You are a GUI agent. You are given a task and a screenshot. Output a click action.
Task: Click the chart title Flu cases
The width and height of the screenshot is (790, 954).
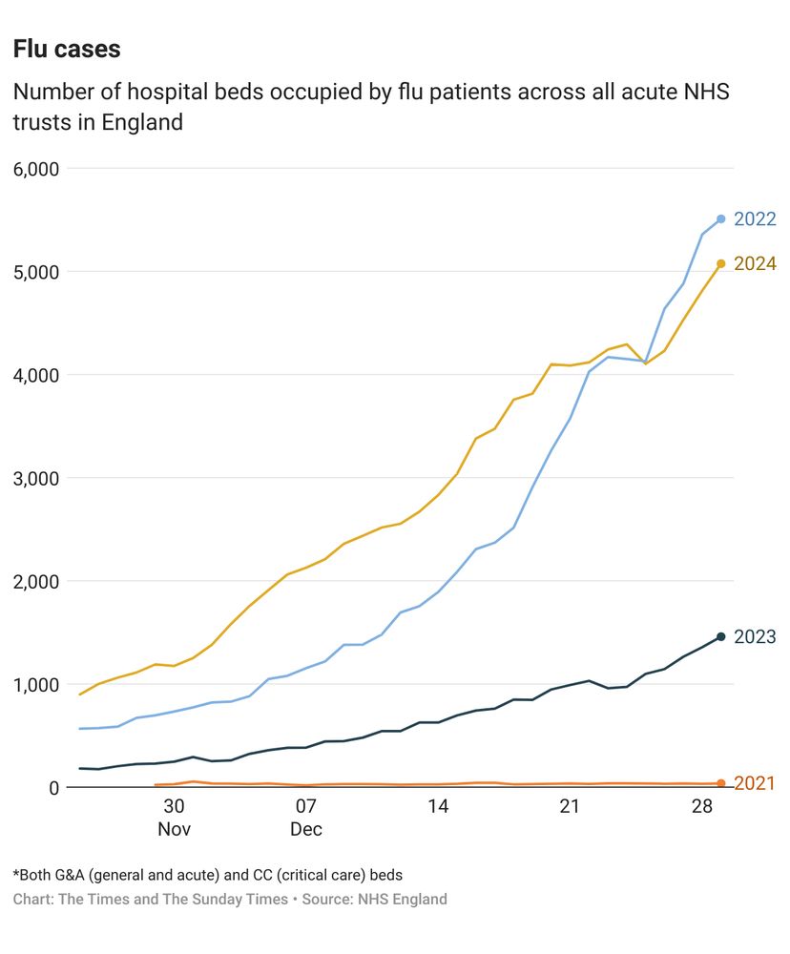tap(67, 49)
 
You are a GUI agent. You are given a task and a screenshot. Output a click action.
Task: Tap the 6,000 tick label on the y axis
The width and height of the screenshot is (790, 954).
tap(36, 169)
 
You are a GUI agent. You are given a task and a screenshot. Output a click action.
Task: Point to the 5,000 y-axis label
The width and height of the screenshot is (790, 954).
tap(36, 272)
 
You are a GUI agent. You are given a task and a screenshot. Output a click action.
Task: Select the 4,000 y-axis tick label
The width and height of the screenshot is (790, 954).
tap(36, 375)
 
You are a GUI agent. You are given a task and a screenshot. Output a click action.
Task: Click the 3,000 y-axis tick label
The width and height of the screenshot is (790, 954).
tap(36, 478)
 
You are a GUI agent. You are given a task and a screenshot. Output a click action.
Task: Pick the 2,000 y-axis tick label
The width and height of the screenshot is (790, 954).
tap(36, 581)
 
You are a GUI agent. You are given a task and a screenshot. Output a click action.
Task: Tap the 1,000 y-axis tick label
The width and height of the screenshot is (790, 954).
tap(36, 684)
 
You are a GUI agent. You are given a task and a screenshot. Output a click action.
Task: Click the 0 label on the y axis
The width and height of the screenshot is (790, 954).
tap(53, 787)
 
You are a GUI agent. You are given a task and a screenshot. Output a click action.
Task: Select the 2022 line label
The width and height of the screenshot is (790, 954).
tap(755, 219)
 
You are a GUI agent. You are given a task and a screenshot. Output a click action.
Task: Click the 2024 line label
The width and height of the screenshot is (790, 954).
tap(755, 264)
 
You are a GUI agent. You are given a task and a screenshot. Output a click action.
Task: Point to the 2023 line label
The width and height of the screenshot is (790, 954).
tap(755, 637)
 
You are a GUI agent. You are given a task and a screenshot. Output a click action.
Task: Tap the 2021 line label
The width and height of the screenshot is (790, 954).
tap(755, 784)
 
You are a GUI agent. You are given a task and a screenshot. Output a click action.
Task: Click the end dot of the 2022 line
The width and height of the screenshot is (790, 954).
tap(721, 219)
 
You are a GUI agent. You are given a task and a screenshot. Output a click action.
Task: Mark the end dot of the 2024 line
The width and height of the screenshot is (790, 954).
tap(721, 263)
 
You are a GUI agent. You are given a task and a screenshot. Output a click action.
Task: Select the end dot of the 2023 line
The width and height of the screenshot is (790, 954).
tap(721, 636)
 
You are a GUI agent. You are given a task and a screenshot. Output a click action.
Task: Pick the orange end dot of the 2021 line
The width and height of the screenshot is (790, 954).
tap(721, 783)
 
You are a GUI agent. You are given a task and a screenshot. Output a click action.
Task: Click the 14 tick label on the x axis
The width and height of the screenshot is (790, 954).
tap(438, 807)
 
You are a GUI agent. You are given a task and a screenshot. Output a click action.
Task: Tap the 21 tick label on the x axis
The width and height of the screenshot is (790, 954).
tap(570, 807)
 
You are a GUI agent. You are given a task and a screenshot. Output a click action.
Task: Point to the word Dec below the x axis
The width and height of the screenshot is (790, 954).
tap(306, 829)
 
